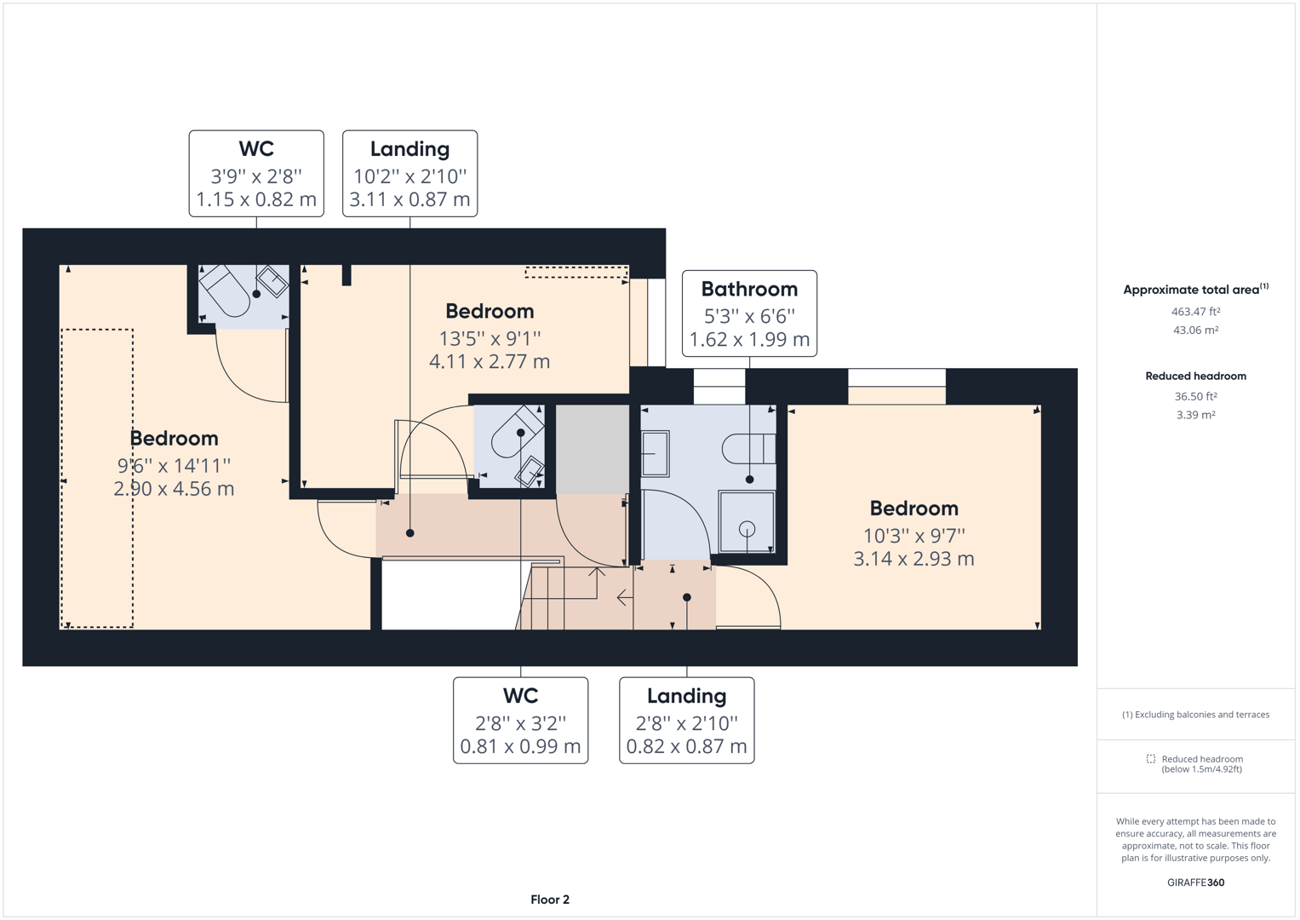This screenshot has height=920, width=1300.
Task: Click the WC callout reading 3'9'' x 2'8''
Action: click(256, 174)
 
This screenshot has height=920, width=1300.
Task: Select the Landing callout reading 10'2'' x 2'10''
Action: click(409, 174)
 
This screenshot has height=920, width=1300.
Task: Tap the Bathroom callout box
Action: click(749, 313)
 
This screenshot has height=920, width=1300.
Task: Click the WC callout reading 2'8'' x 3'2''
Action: click(520, 721)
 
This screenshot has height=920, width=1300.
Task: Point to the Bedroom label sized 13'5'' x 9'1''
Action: click(490, 336)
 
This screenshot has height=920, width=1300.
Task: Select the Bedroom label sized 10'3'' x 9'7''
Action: click(913, 533)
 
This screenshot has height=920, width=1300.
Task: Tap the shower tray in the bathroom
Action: click(747, 521)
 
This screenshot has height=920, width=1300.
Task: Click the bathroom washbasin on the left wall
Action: click(655, 453)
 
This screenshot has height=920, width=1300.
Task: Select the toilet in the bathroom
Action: click(747, 448)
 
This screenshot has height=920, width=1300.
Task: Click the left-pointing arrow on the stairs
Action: click(624, 598)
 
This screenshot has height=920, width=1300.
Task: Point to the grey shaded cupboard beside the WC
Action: click(593, 449)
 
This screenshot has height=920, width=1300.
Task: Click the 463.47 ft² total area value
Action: click(1195, 312)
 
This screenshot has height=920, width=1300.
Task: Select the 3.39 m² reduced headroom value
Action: click(1195, 415)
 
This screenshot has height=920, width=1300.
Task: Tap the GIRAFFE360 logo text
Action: click(1195, 883)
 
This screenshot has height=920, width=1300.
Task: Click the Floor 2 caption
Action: click(550, 900)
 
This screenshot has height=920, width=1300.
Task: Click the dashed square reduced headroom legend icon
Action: click(1150, 759)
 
